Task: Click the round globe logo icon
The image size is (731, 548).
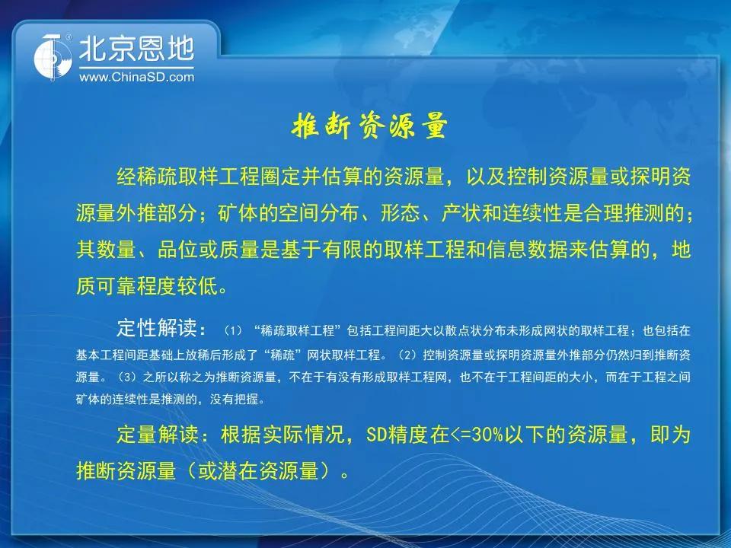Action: pyautogui.click(x=53, y=58)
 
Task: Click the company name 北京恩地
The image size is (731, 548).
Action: pyautogui.click(x=136, y=49)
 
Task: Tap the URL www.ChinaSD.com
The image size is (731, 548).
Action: pyautogui.click(x=136, y=77)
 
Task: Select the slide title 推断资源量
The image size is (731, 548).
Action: pyautogui.click(x=370, y=125)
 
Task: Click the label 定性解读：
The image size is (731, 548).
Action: pyautogui.click(x=161, y=328)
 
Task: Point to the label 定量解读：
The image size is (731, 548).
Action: pyautogui.click(x=164, y=435)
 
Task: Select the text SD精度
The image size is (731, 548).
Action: pyautogui.click(x=397, y=435)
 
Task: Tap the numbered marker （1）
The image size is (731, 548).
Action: pyautogui.click(x=233, y=331)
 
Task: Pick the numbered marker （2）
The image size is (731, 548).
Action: pyautogui.click(x=407, y=355)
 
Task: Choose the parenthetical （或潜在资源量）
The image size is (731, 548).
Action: pyautogui.click(x=261, y=470)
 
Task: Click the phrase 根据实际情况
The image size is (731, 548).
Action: pyautogui.click(x=282, y=435)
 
